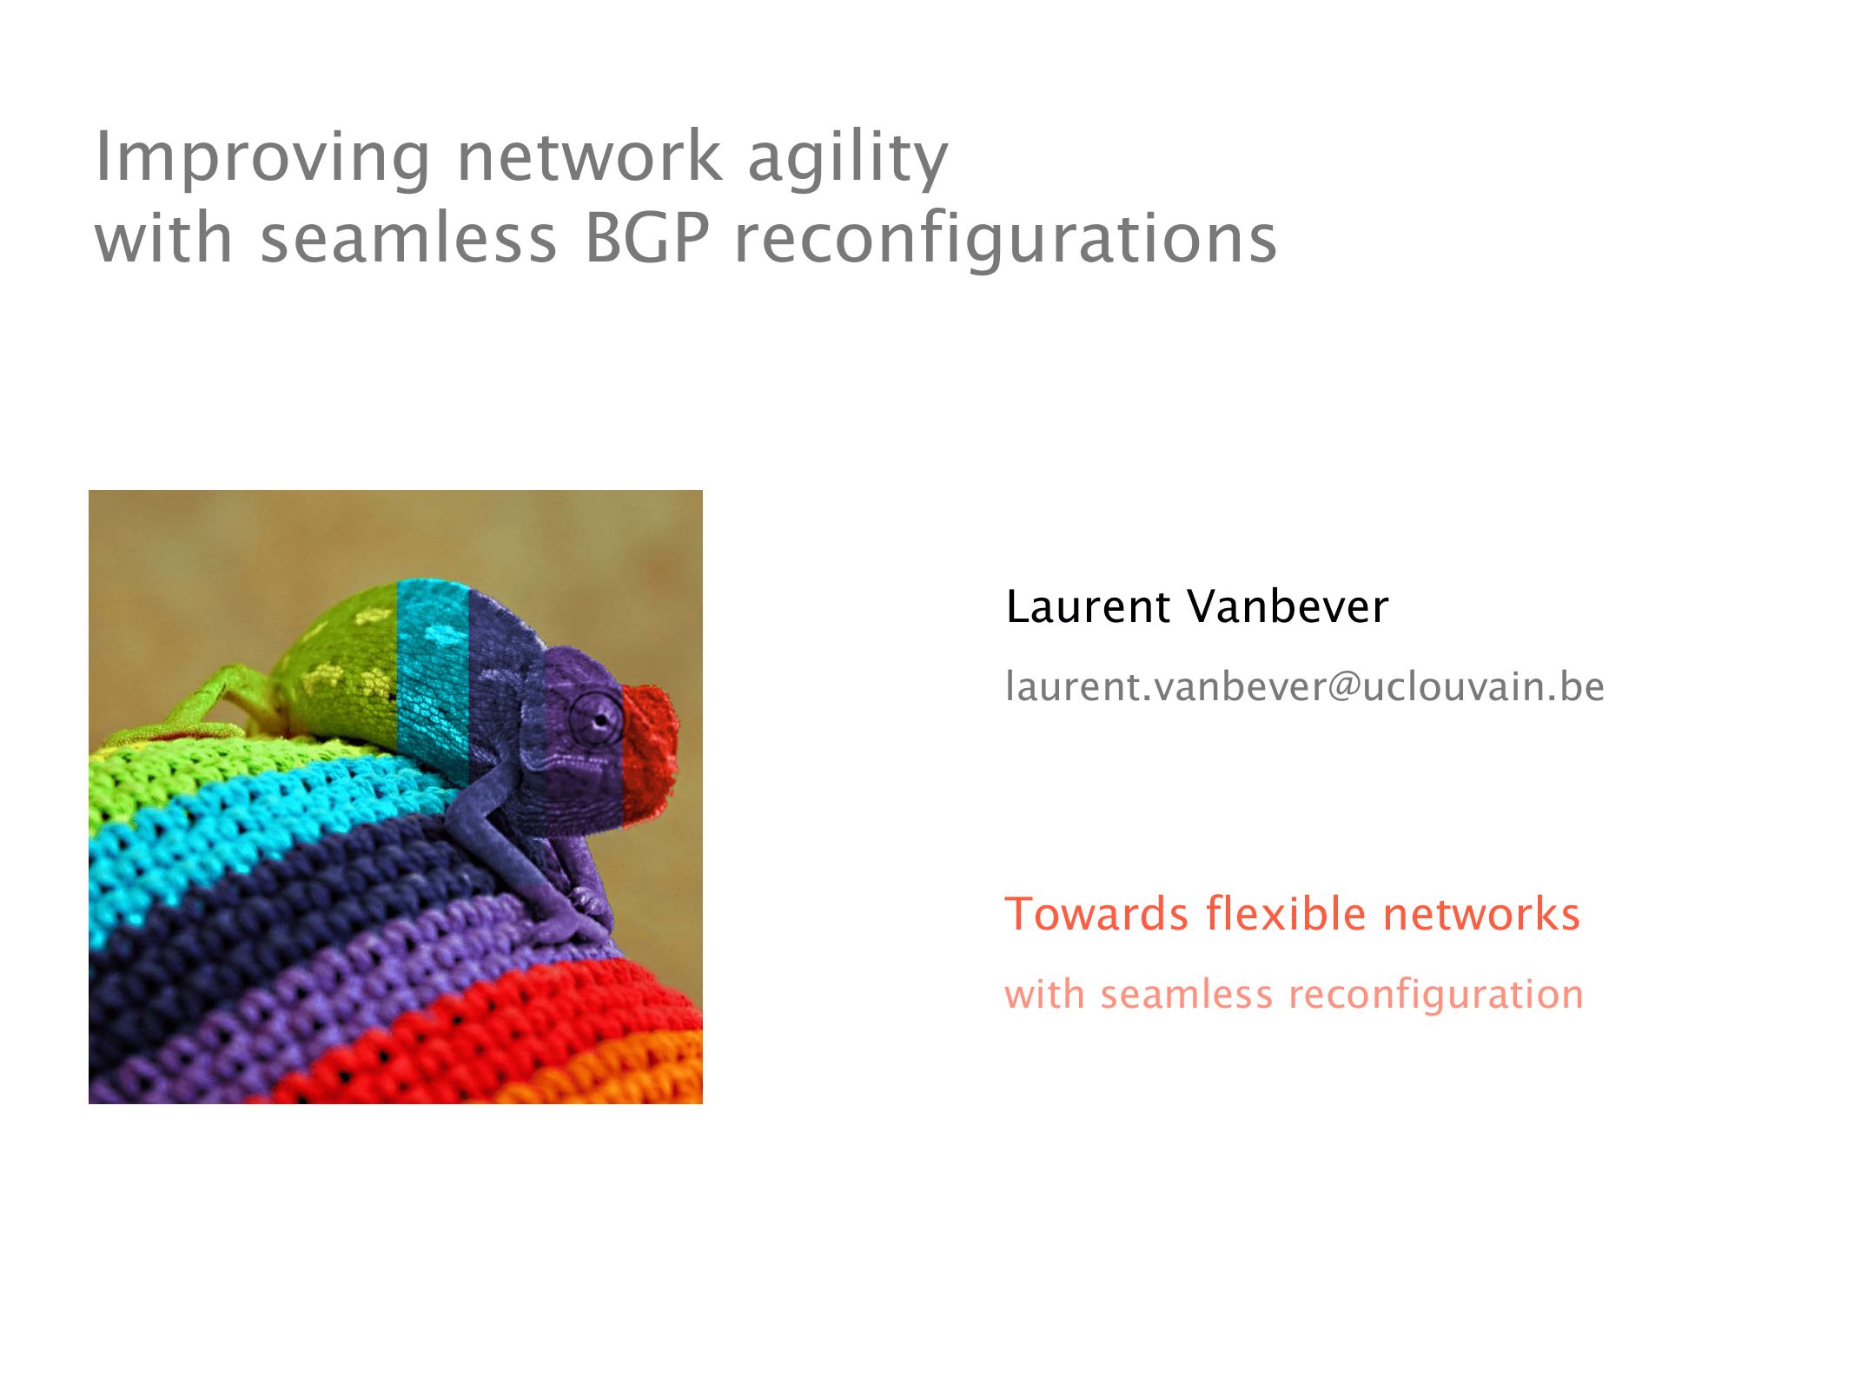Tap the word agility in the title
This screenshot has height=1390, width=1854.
click(x=848, y=157)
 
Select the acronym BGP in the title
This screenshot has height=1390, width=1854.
click(x=647, y=237)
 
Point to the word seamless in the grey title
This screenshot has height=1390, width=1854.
click(x=408, y=239)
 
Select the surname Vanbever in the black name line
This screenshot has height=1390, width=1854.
click(x=1288, y=606)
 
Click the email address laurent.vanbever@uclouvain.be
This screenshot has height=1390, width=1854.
click(x=1305, y=686)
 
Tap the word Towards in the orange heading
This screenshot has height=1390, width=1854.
click(x=1096, y=914)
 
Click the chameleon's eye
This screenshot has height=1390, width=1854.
click(x=596, y=718)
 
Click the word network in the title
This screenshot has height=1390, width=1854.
click(x=589, y=157)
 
